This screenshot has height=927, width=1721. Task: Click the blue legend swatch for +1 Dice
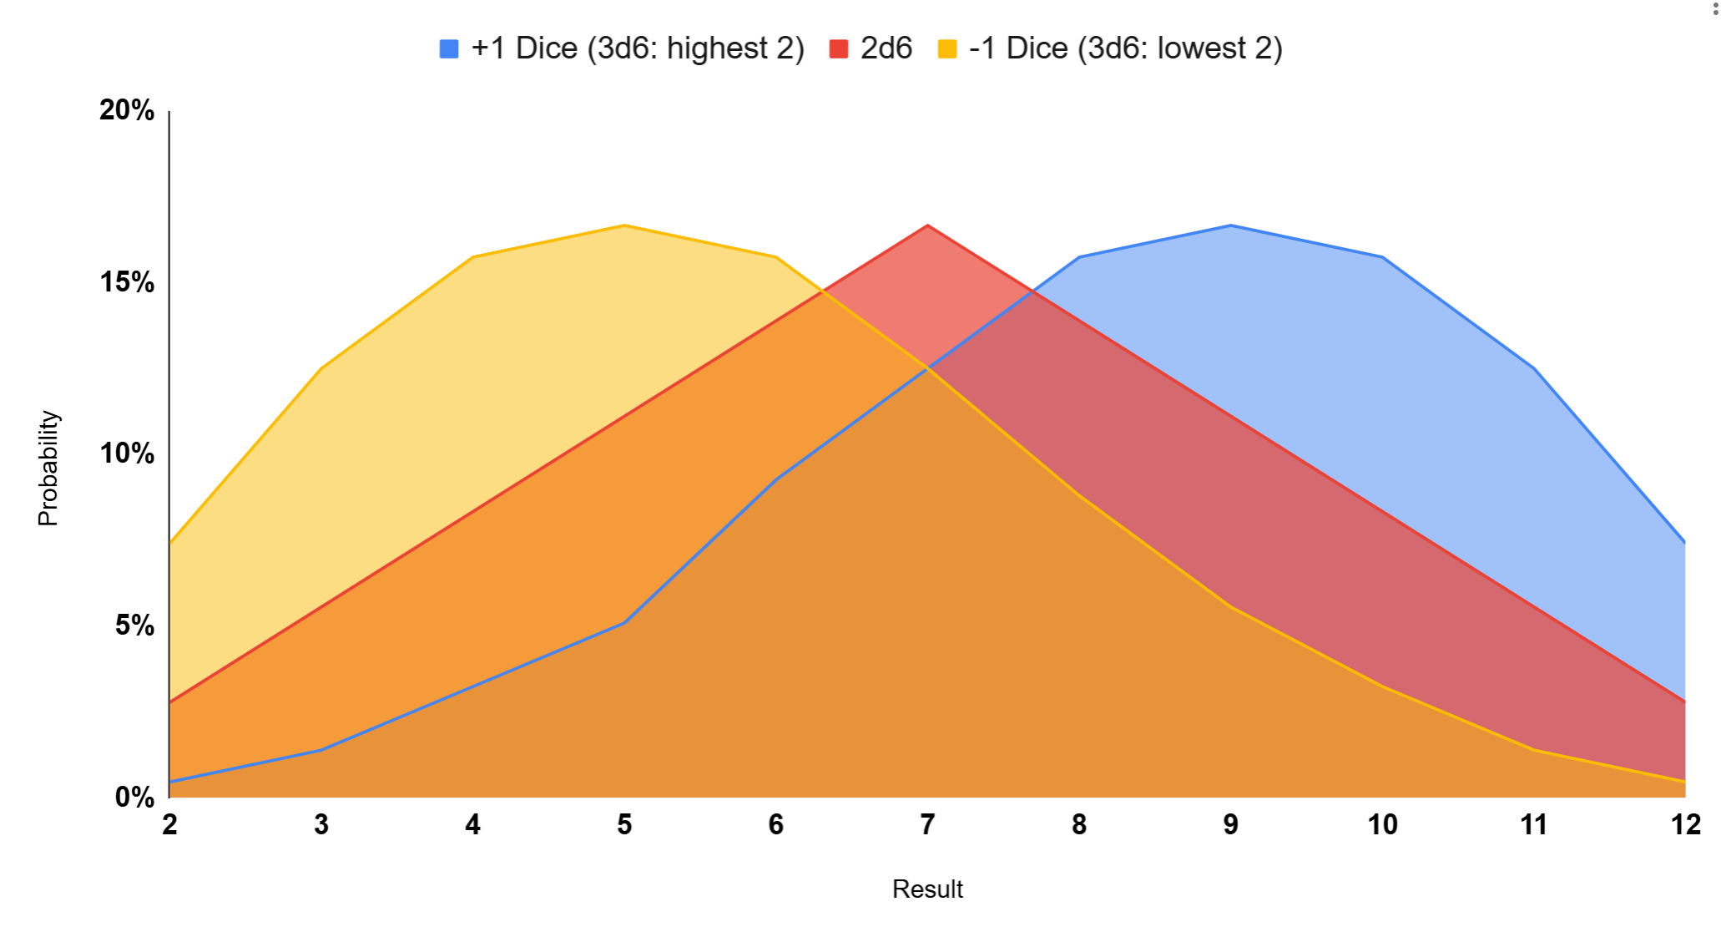[x=449, y=49]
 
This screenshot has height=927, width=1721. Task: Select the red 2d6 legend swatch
[x=838, y=49]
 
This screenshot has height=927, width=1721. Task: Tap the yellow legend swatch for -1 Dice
[x=947, y=49]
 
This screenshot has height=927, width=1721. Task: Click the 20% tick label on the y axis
[x=127, y=110]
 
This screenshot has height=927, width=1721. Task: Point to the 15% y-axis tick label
[x=127, y=282]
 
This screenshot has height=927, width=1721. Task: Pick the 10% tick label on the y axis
[x=127, y=453]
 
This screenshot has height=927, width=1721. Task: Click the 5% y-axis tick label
[x=134, y=626]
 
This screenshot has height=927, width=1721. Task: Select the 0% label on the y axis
[x=134, y=797]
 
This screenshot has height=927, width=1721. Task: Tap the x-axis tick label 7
[x=927, y=825]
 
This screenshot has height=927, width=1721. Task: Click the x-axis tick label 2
[x=169, y=825]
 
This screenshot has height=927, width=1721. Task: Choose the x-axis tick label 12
[x=1685, y=825]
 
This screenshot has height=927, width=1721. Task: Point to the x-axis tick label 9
[x=1230, y=825]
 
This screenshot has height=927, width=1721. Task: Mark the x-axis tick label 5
[x=624, y=825]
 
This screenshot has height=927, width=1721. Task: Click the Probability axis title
[x=48, y=468]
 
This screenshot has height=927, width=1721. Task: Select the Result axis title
[x=927, y=889]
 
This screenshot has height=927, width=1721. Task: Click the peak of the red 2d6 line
[x=927, y=225]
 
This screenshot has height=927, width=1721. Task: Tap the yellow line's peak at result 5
[x=624, y=225]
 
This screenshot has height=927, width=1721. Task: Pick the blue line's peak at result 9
[x=1230, y=225]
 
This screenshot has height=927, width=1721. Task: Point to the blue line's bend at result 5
[x=624, y=623]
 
